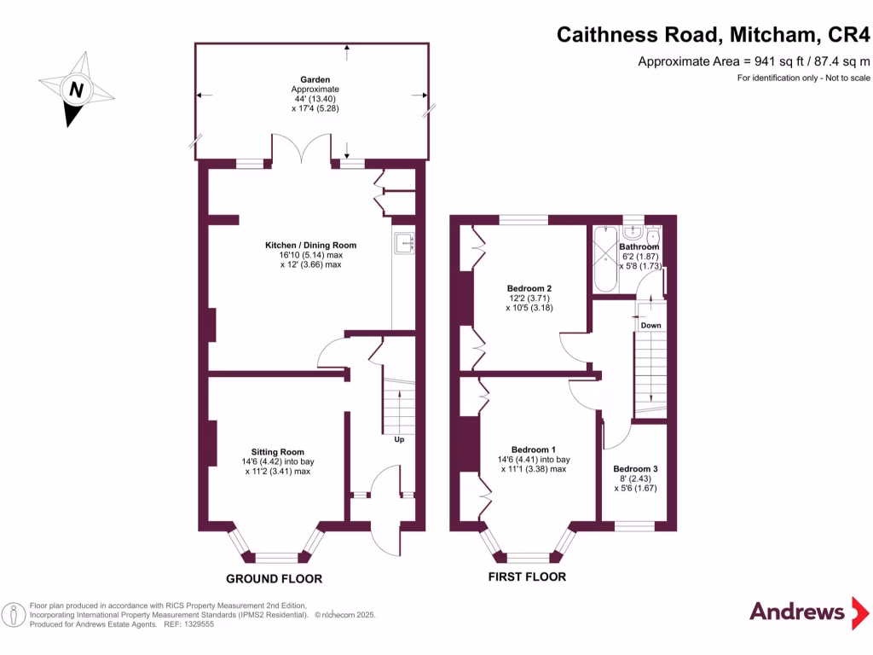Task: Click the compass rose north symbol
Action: click(76, 89)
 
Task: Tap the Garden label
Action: click(315, 79)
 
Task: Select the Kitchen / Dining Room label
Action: click(310, 245)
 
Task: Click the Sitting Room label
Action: click(277, 452)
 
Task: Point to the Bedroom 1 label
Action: click(533, 449)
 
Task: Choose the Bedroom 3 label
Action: click(635, 469)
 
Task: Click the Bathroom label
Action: click(639, 246)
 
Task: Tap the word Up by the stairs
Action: click(398, 440)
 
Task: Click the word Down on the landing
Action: click(650, 326)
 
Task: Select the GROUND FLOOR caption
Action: click(274, 579)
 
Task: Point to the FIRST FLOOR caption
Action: click(527, 577)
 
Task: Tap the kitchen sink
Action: click(403, 245)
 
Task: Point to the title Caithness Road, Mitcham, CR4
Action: click(714, 35)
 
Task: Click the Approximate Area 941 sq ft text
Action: click(754, 61)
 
